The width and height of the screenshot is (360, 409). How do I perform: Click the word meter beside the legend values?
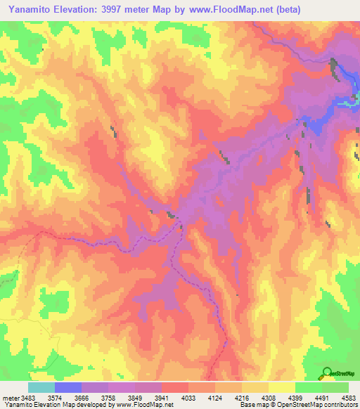pos(11,398)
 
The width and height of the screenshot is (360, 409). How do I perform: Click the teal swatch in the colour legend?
pos(41,387)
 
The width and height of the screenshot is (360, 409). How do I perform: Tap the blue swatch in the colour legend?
pos(67,387)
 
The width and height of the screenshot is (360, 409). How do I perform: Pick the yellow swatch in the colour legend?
pos(281,387)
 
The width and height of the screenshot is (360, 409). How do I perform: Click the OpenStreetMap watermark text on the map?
pos(343,374)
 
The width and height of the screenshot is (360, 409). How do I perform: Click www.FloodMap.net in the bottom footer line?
pos(143,405)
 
